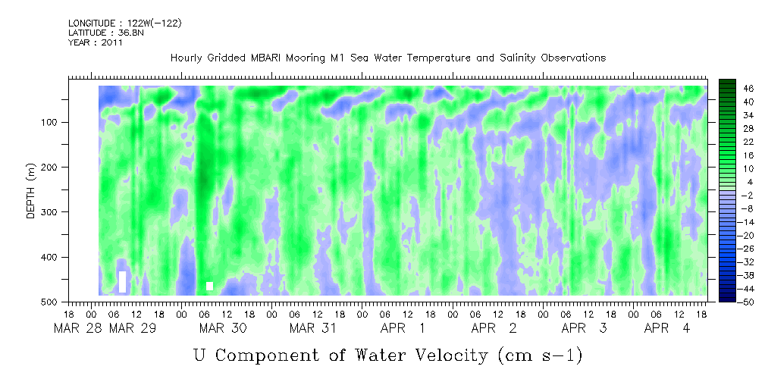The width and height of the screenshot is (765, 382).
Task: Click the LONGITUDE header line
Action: (x=124, y=23)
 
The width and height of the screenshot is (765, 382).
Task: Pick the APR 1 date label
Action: (x=403, y=328)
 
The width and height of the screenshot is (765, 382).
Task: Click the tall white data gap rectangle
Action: (x=122, y=281)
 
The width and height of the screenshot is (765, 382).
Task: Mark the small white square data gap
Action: (x=209, y=286)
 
